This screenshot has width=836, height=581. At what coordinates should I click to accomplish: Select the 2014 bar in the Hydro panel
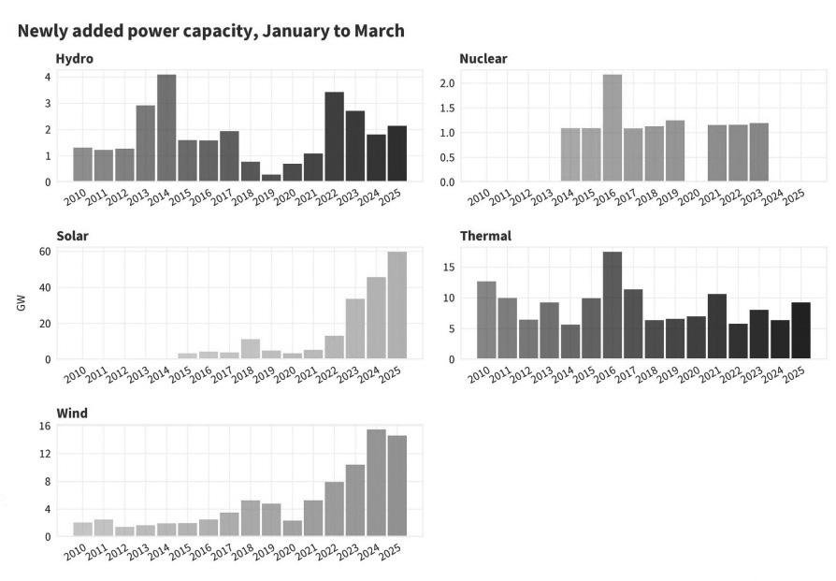[166, 128]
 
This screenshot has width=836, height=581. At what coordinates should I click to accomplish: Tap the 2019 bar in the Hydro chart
[271, 178]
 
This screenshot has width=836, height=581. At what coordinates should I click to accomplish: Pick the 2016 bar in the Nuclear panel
[613, 128]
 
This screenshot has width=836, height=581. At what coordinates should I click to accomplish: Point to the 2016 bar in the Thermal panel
[613, 305]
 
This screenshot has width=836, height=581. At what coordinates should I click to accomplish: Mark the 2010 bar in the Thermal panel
[486, 320]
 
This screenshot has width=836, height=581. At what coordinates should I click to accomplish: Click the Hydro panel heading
[74, 59]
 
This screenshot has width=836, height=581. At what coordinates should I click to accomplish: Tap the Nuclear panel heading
[483, 59]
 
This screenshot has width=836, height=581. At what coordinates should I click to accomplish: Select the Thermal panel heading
[485, 236]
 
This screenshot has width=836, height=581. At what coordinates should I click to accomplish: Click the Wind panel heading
[71, 413]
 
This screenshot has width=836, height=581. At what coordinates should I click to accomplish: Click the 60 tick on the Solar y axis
[44, 252]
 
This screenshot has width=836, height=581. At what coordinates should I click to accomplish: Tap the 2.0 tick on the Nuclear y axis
[447, 83]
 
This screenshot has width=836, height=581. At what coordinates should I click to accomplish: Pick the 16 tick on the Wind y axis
[44, 427]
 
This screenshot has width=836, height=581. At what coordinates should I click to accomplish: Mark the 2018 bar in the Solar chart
[251, 349]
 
